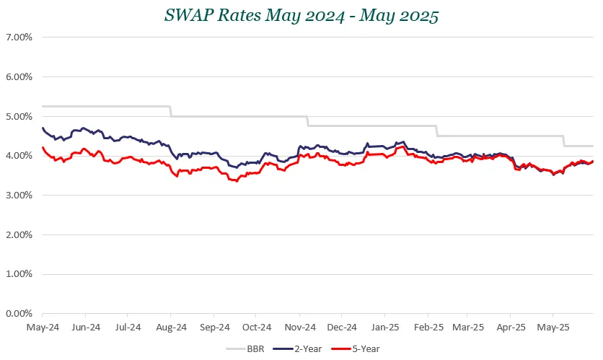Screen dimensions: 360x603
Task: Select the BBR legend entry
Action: [x=253, y=348]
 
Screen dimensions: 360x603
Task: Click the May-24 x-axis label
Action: [x=43, y=327]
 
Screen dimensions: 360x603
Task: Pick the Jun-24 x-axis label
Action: [x=85, y=327]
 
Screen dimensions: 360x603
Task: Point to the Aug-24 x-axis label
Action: [x=170, y=327]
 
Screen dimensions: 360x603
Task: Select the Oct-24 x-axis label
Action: [x=255, y=327]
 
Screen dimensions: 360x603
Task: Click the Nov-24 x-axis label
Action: [x=298, y=327]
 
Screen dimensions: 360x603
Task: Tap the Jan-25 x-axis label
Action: [x=384, y=327]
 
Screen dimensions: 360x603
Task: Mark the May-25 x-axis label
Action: [x=552, y=327]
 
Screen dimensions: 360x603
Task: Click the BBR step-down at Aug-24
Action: [x=170, y=111]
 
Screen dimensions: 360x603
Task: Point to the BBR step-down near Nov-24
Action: [x=308, y=121]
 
